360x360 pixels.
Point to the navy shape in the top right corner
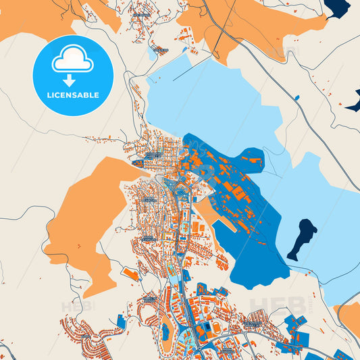pos(338,7)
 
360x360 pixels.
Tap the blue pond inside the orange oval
pos(165,330)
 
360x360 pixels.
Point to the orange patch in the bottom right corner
pos(349,317)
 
